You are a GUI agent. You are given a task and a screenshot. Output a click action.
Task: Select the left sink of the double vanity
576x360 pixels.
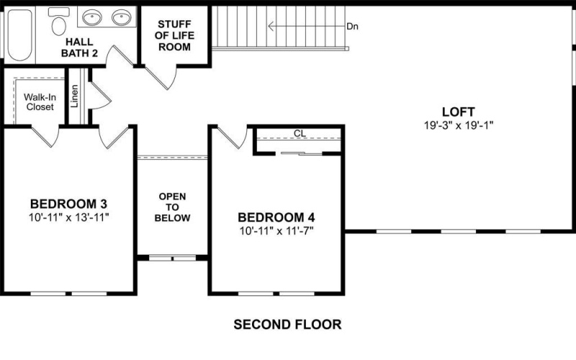[91, 17]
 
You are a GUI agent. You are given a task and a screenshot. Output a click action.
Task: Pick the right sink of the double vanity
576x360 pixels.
[122, 17]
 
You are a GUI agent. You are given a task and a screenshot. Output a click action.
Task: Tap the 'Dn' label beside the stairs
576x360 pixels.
[352, 27]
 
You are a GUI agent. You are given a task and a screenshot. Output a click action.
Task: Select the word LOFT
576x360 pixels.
[458, 112]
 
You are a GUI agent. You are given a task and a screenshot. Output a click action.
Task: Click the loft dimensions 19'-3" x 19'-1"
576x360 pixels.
[458, 125]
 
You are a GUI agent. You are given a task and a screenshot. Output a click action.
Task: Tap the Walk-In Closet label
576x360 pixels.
[39, 102]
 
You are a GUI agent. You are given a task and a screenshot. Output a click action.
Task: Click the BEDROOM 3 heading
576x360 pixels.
[69, 202]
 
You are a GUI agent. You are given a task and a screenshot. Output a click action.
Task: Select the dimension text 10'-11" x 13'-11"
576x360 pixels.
[69, 215]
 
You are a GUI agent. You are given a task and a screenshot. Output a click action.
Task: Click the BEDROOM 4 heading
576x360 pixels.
[276, 217]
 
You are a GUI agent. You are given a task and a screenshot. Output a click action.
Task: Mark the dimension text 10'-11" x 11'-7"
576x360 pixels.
[276, 230]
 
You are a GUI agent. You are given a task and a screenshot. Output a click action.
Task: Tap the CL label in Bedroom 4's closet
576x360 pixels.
[300, 134]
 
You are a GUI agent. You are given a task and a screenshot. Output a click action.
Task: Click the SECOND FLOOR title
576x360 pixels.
[287, 325]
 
